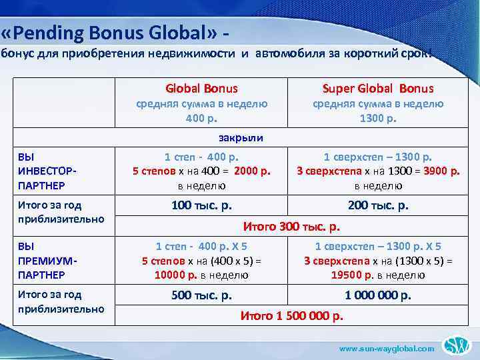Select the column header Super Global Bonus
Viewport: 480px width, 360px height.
tap(378, 88)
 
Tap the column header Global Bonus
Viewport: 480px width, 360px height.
tap(201, 88)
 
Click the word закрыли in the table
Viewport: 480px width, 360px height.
tap(241, 138)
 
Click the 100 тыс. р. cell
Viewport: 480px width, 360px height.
tap(201, 205)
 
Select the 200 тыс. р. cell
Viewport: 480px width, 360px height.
tap(378, 205)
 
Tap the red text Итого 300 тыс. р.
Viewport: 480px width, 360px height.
tap(291, 226)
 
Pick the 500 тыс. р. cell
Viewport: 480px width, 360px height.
tap(201, 295)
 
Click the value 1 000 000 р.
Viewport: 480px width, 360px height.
tap(378, 295)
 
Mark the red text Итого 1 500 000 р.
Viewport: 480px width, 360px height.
tap(291, 315)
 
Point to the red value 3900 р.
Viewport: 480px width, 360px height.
tap(440, 171)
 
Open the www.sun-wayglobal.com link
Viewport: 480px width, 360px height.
tap(387, 348)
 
